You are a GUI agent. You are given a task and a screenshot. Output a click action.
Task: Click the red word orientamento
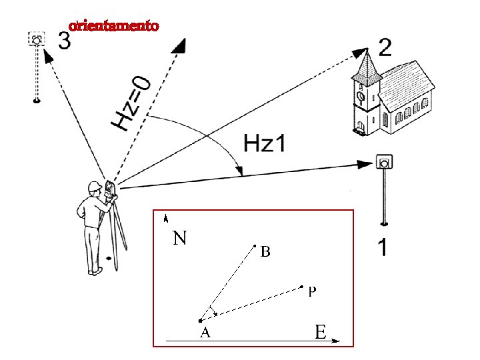coord(114,27)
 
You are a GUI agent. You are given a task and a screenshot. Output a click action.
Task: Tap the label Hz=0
coord(131,104)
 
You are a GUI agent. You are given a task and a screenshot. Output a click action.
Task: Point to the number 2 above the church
coord(385,47)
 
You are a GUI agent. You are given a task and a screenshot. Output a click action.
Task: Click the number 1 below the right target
coord(383,248)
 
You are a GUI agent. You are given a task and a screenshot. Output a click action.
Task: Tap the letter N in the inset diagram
coord(179,238)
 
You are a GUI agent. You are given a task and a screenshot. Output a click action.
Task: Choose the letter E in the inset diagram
coord(320,331)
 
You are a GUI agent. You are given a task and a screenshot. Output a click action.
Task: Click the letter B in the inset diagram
coord(265,253)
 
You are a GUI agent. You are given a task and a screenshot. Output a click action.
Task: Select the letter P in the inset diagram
coord(312,291)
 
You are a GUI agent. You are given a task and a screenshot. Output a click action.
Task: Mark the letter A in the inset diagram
coord(206,333)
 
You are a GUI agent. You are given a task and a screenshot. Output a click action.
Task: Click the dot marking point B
coord(255,246)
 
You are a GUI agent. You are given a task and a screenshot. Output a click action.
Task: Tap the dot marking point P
coord(301,287)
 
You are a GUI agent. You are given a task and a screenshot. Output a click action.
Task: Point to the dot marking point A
coord(200,321)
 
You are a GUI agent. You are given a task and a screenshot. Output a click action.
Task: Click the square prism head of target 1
coord(383,163)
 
